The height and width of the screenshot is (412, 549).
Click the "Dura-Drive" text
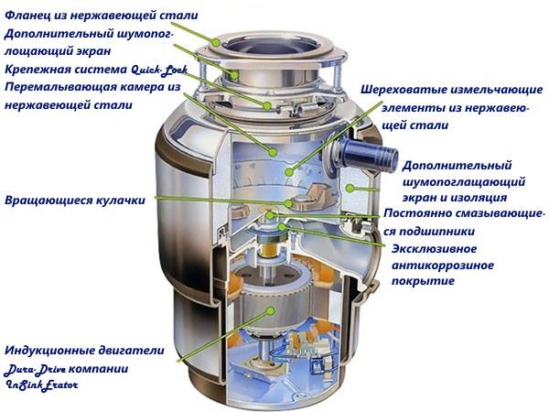coord(35,369)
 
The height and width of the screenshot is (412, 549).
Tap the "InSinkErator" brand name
coord(42,386)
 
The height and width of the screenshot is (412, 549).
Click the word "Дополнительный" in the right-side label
coord(456,166)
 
